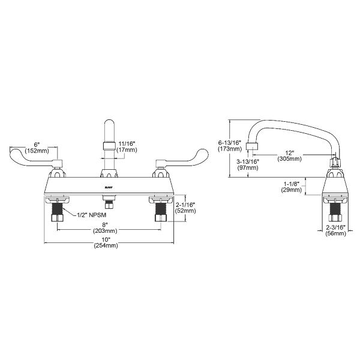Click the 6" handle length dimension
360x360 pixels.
click(37, 145)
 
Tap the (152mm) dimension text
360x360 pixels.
click(37, 151)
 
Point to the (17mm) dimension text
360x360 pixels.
click(127, 151)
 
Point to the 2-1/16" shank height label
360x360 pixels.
click(187, 204)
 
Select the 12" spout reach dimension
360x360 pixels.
click(290, 152)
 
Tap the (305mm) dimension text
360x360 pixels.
click(290, 159)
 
